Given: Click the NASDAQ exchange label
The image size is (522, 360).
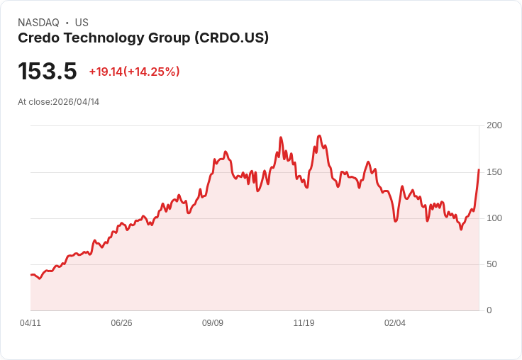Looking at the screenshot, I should (38, 23).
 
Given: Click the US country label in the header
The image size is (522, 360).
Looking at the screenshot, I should (82, 23).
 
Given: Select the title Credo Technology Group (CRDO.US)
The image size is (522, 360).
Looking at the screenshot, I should (143, 38).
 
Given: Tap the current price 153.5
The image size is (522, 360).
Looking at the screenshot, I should (47, 72).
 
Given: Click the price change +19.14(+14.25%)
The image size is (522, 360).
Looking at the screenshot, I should (134, 72).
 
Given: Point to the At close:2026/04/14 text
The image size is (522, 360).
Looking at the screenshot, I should (58, 102).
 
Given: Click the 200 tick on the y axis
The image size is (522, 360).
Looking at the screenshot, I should (494, 125).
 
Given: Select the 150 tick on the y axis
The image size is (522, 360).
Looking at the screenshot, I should (494, 172).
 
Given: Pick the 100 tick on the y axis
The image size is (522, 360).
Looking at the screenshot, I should (494, 218).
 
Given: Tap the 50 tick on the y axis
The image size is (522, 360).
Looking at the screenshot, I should (492, 264).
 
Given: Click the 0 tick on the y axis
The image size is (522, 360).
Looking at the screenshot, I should (489, 310).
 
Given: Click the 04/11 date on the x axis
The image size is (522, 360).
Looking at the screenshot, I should (30, 323).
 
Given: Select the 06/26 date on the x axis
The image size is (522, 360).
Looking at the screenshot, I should (121, 323).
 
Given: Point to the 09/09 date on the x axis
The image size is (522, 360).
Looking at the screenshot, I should (213, 323).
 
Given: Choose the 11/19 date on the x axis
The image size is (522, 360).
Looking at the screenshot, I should (304, 323).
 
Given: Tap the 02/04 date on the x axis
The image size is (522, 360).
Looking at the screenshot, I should (395, 323).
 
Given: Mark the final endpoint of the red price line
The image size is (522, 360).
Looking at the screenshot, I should (479, 170).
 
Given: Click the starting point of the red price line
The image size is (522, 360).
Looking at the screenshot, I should (31, 275).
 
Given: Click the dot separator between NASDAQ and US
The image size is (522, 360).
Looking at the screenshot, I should (67, 23).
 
